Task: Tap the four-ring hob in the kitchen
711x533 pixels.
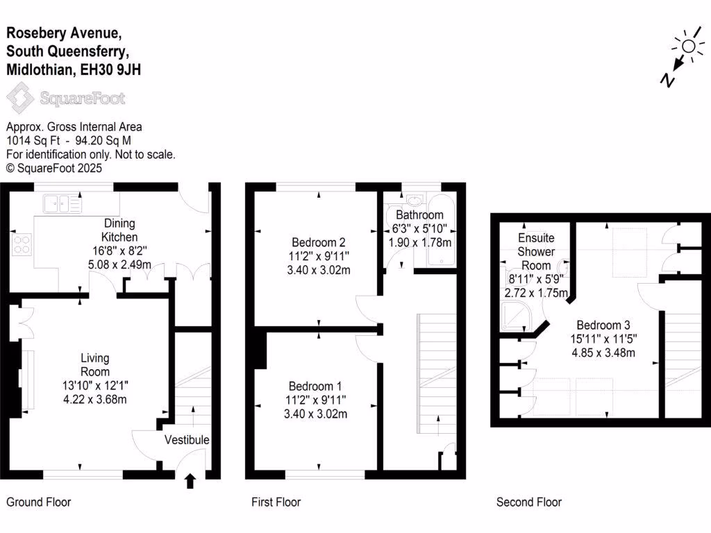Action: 22,244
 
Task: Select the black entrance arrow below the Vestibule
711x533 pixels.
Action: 191,481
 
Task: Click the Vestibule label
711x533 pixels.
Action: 187,440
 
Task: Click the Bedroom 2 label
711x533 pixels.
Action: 319,242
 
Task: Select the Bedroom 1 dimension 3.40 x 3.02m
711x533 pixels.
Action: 317,414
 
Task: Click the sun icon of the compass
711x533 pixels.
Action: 688,46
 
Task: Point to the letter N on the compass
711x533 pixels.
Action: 667,81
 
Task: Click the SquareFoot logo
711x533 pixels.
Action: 66,98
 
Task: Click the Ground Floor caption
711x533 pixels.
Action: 38,502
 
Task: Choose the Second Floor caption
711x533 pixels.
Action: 528,502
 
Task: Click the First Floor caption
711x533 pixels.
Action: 276,502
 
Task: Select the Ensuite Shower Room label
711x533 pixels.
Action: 536,251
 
